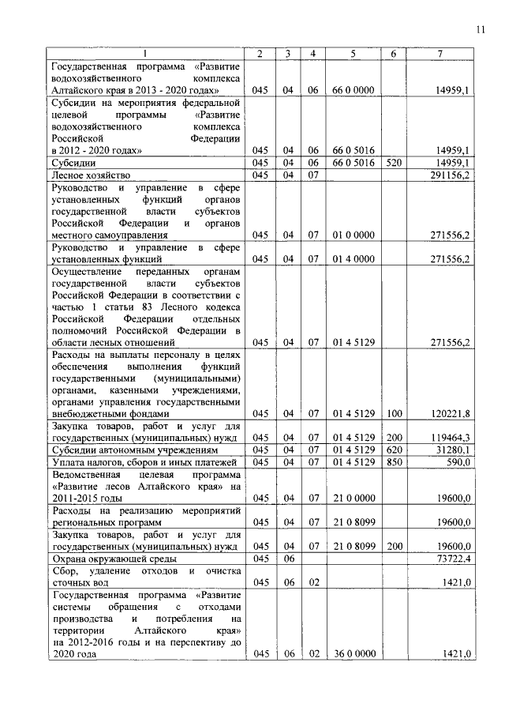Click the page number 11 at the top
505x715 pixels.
(x=480, y=31)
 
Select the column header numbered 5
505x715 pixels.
(x=353, y=53)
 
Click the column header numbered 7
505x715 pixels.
(x=440, y=53)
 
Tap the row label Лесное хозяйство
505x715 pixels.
(x=88, y=175)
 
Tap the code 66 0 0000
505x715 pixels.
(x=353, y=91)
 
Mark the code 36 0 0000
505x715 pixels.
(x=353, y=654)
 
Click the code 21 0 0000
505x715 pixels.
(x=353, y=498)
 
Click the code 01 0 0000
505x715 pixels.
(x=353, y=235)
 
